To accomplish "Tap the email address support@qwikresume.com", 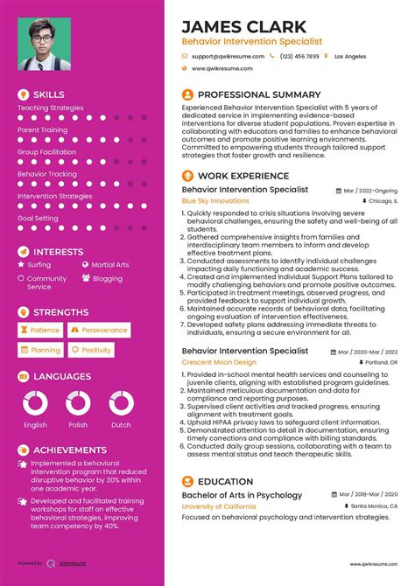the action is [x=228, y=56].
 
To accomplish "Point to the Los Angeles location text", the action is [x=350, y=56].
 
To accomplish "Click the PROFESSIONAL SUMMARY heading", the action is [x=259, y=94].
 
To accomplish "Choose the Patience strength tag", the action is [x=40, y=331].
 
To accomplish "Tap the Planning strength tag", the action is [x=40, y=350].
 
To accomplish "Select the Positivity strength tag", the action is [x=92, y=350].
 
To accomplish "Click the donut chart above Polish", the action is [x=78, y=402].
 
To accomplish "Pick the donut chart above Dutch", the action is [x=121, y=402].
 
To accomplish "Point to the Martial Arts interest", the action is [x=110, y=264].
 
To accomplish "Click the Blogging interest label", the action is [x=108, y=278].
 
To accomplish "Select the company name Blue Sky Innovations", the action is [x=215, y=200].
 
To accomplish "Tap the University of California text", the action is [x=220, y=506].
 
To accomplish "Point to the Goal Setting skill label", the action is [x=38, y=218].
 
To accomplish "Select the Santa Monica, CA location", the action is [x=373, y=506].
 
